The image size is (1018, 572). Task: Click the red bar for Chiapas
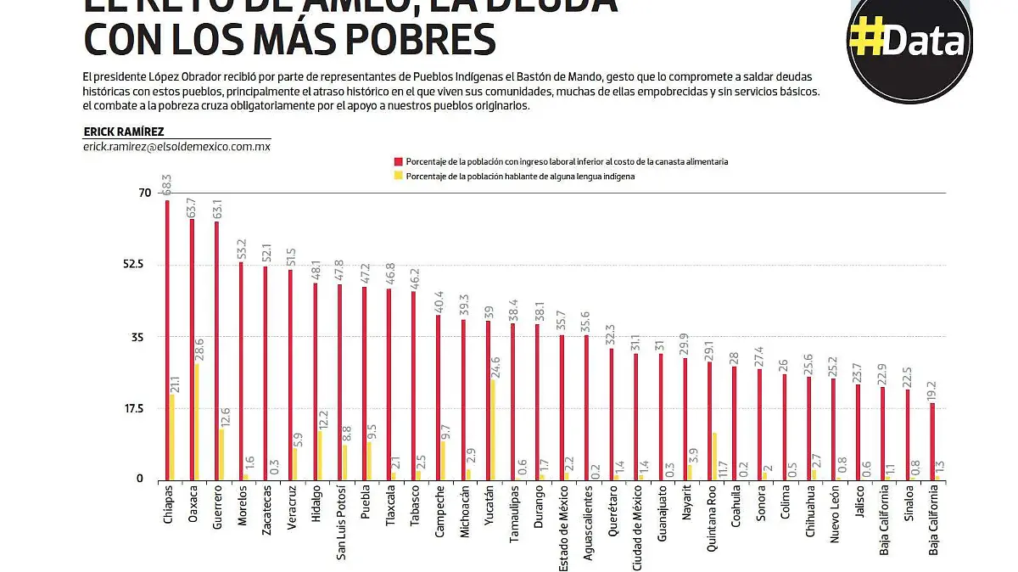coord(167,339)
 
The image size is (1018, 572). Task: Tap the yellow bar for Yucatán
coord(493,429)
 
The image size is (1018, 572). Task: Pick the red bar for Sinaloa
coord(908,434)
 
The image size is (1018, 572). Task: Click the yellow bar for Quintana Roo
coord(715,457)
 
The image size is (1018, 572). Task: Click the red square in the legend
coord(396,161)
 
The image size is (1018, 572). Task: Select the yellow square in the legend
coord(396,177)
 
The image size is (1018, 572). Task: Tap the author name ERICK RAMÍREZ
coord(124,132)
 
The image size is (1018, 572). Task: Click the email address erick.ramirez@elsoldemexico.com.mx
coord(176,147)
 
